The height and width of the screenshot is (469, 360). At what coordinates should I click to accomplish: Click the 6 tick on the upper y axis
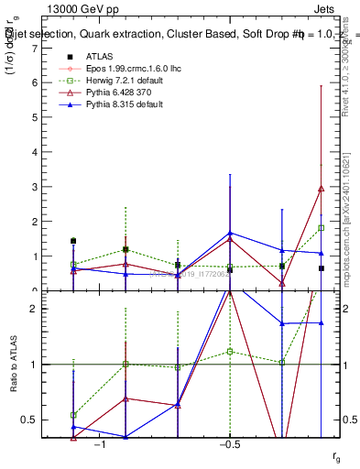pyautogui.click(x=34, y=82)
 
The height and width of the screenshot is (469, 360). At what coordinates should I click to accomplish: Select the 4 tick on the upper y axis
pyautogui.click(x=34, y=152)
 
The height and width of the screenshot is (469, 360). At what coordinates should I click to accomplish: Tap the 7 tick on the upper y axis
pyautogui.click(x=34, y=48)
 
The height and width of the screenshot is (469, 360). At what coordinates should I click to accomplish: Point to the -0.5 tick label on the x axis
pyautogui.click(x=229, y=444)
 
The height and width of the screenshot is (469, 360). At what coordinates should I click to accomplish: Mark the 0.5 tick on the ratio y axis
pyautogui.click(x=29, y=420)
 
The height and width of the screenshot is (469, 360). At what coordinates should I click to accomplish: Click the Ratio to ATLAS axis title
pyautogui.click(x=12, y=365)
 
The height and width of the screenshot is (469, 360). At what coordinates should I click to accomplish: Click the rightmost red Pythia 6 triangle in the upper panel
pyautogui.click(x=321, y=189)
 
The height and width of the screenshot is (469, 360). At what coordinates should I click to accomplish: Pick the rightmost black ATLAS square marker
pyautogui.click(x=321, y=268)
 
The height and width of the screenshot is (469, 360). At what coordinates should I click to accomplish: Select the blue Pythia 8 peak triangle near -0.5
pyautogui.click(x=230, y=233)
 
